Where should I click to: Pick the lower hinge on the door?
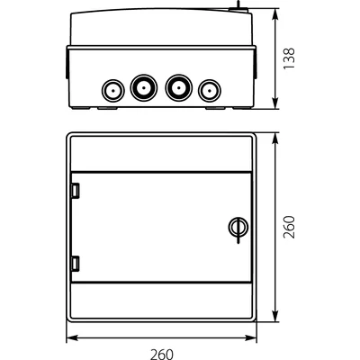pos(76,263)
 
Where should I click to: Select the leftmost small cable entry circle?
pos(112,89)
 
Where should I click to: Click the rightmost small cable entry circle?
pos(209,89)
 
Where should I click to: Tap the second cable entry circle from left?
pos(142,87)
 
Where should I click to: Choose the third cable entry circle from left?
pos(177,87)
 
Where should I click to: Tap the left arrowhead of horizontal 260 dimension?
pos(71,339)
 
